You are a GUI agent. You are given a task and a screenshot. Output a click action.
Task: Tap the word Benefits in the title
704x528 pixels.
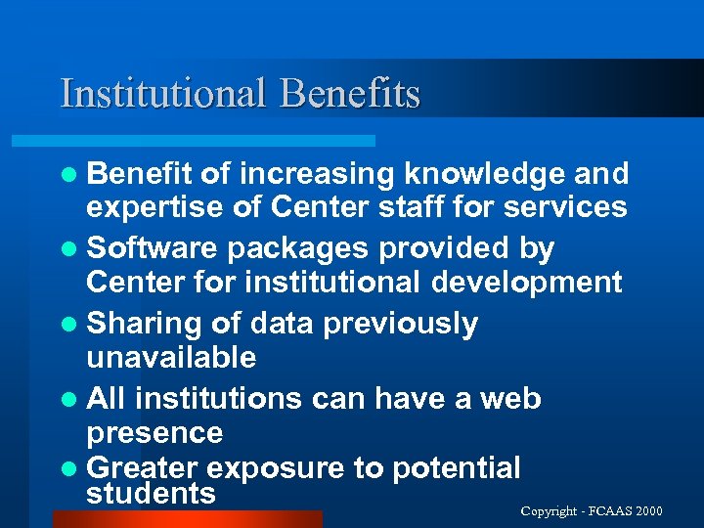[349, 94]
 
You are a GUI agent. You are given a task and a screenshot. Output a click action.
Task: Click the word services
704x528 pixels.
[562, 207]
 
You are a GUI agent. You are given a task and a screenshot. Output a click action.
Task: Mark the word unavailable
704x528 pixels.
[171, 357]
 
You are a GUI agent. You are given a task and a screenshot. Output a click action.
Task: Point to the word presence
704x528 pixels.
[154, 433]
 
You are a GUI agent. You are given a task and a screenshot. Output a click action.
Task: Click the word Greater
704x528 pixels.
[141, 468]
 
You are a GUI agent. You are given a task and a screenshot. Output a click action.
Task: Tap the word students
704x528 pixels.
[151, 493]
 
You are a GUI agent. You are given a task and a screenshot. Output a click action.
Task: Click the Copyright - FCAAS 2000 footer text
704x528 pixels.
[592, 511]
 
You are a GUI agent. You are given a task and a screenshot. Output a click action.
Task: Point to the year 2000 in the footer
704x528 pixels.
[647, 511]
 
